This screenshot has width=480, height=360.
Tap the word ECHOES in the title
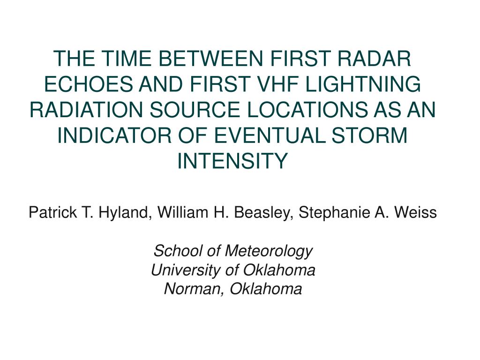coord(89,84)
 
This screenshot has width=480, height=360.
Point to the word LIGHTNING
coord(363,84)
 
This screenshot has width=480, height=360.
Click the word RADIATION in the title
coord(86,110)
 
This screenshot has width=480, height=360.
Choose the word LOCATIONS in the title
coord(307,110)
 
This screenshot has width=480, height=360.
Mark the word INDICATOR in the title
coord(114,135)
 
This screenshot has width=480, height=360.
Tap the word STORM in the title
coord(370,135)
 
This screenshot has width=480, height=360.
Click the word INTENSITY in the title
coord(232,161)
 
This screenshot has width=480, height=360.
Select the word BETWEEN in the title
coord(210,59)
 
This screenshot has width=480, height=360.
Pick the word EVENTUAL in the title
coord(270,135)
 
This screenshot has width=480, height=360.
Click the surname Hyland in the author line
coord(123,212)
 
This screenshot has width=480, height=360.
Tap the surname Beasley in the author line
coord(261,212)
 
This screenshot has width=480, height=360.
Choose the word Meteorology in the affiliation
coord(269,251)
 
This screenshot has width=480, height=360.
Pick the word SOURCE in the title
coord(195,110)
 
